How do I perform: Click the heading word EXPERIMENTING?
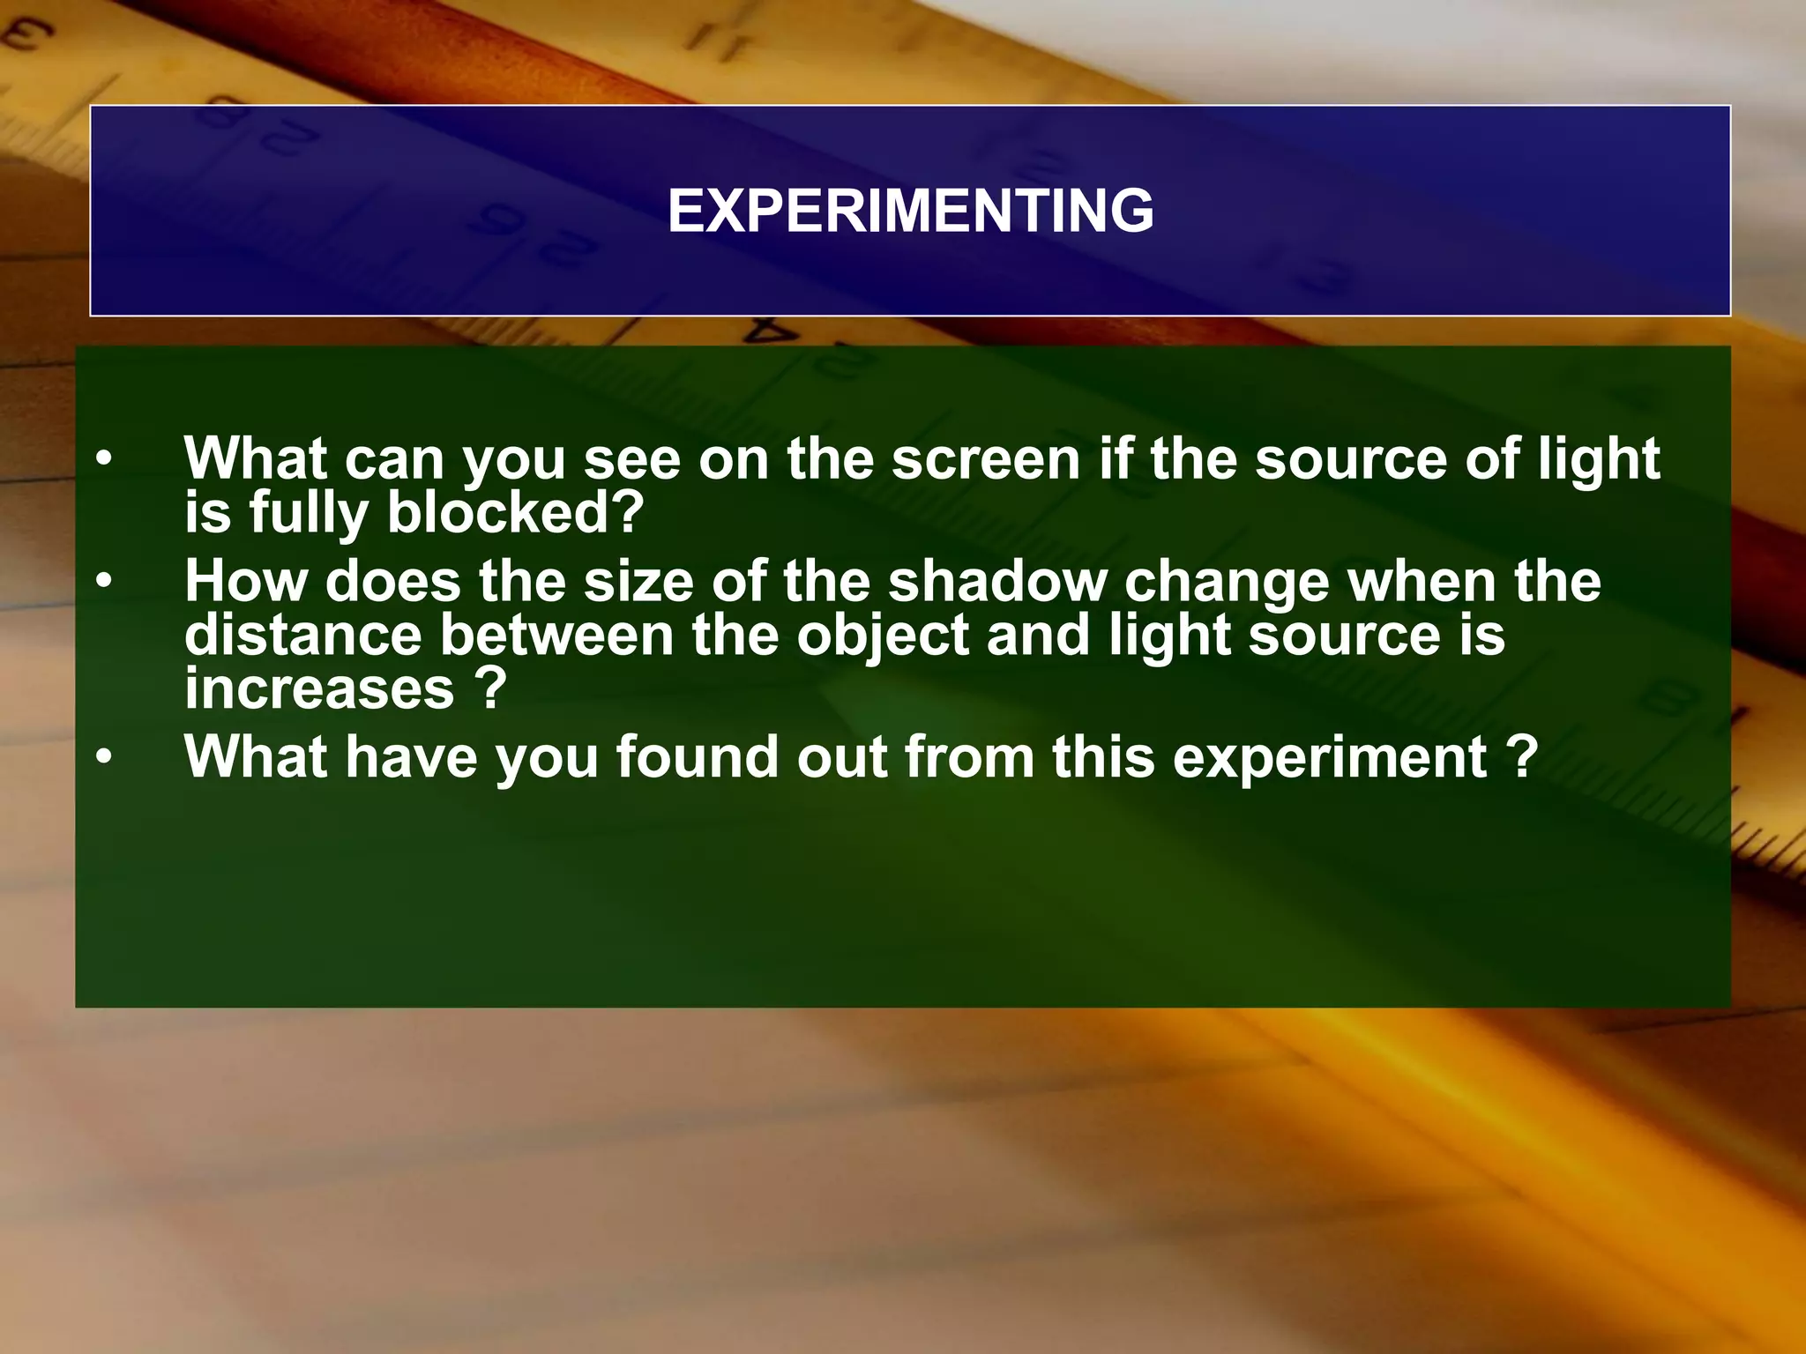[910, 212]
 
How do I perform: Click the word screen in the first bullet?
[985, 460]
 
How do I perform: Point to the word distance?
[303, 635]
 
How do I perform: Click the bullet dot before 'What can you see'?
[105, 459]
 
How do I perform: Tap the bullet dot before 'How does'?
[105, 582]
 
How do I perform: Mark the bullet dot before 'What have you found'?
[105, 757]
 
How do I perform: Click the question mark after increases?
[490, 688]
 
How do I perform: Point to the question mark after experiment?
[1521, 757]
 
